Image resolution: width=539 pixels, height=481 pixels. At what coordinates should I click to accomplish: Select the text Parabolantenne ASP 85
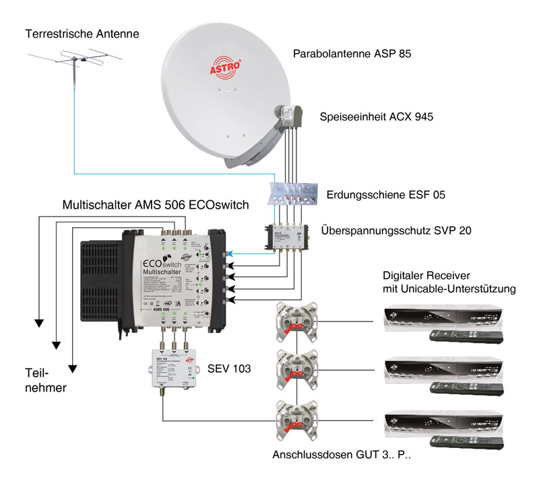tap(352, 52)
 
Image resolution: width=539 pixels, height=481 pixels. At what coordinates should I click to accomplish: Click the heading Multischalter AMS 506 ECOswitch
tap(156, 205)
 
